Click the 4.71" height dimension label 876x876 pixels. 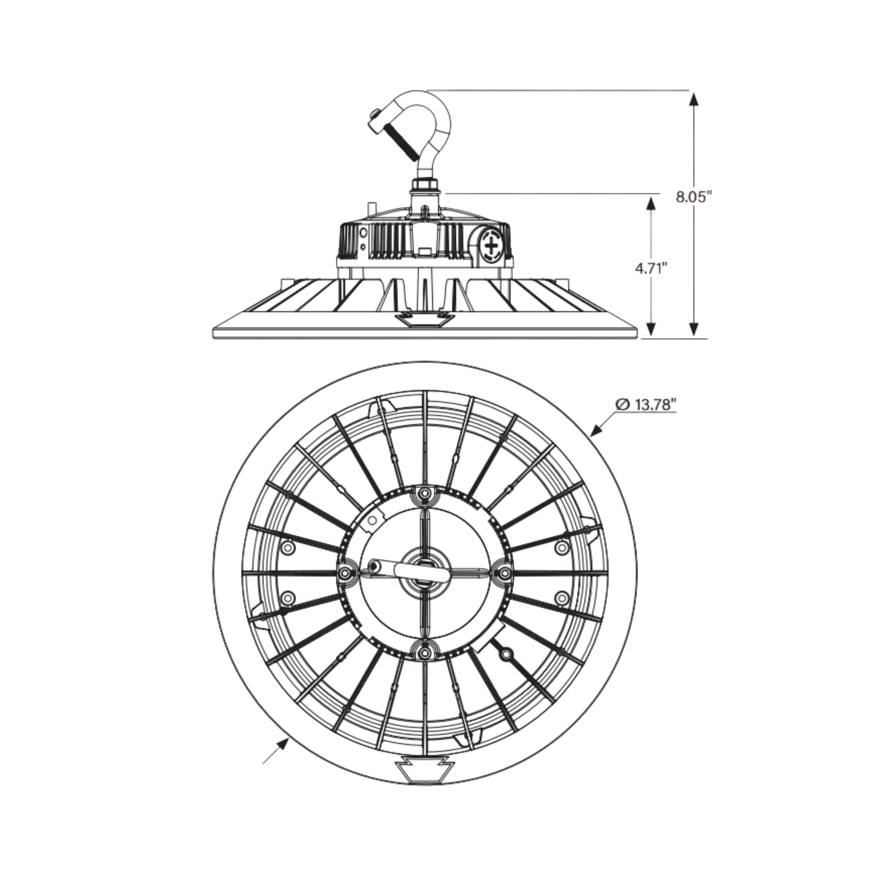652,268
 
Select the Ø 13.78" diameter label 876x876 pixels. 646,404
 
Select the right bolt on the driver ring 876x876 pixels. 503,573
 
